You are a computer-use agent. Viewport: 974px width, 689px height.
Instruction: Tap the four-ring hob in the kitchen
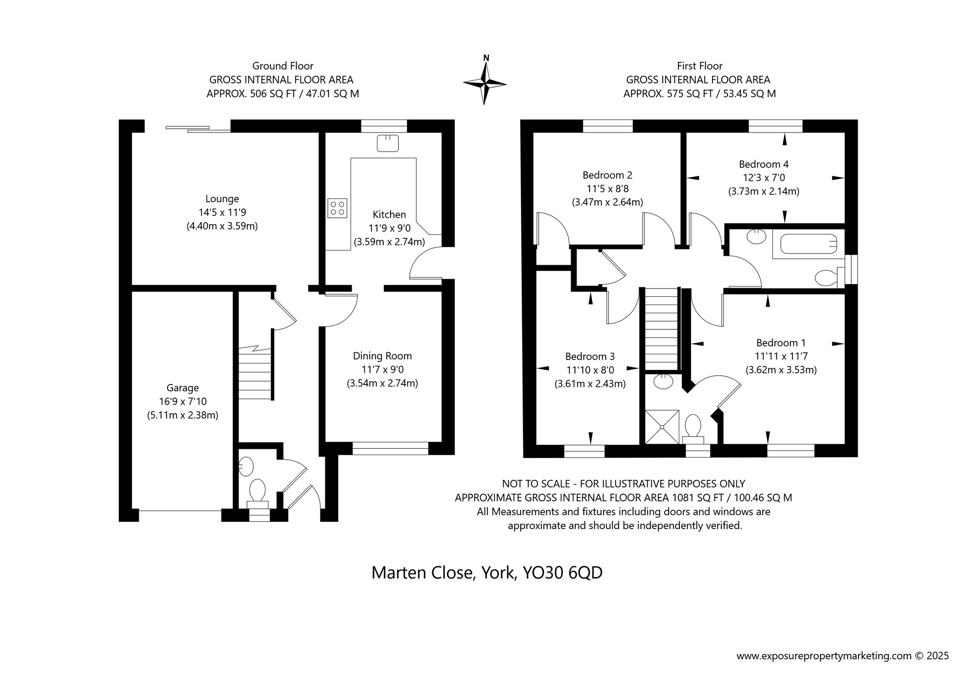337,208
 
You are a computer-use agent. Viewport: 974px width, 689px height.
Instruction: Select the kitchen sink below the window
388,143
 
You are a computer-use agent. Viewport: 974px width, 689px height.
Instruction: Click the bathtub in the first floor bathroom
808,244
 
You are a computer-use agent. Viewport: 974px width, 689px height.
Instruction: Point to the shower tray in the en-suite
662,427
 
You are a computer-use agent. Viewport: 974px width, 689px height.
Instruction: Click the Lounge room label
222,199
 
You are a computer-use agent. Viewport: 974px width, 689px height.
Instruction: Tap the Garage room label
183,388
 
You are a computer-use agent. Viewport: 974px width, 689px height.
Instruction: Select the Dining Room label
382,356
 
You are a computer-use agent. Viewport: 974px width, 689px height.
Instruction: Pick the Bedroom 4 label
764,164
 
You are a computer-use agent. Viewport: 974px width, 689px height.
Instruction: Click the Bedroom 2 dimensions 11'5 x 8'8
607,189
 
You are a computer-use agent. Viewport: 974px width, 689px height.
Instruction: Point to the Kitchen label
389,214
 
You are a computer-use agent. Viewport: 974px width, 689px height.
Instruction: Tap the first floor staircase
662,329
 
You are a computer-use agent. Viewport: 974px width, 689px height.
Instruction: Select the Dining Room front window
390,448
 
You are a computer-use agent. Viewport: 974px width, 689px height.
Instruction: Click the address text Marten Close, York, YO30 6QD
487,573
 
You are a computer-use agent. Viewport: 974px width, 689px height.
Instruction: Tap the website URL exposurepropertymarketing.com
824,656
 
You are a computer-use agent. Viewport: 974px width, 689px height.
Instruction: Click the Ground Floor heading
282,66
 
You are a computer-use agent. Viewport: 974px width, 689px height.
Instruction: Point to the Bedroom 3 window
584,451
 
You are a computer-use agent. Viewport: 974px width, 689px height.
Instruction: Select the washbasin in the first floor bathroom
756,236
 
